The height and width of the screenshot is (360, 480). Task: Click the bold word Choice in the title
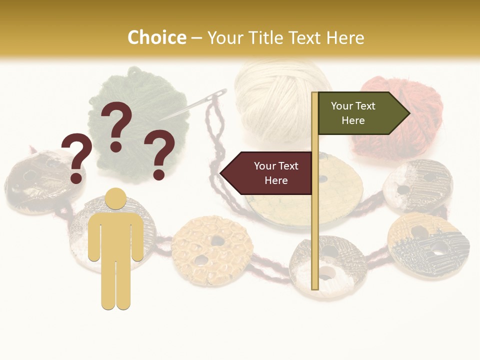click(156, 38)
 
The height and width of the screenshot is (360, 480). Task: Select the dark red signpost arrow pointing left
click(267, 173)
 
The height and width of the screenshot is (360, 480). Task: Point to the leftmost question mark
click(76, 157)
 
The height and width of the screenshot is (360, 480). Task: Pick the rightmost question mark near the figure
click(159, 154)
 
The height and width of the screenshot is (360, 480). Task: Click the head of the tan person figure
click(116, 198)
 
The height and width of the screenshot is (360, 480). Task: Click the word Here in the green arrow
click(353, 120)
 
